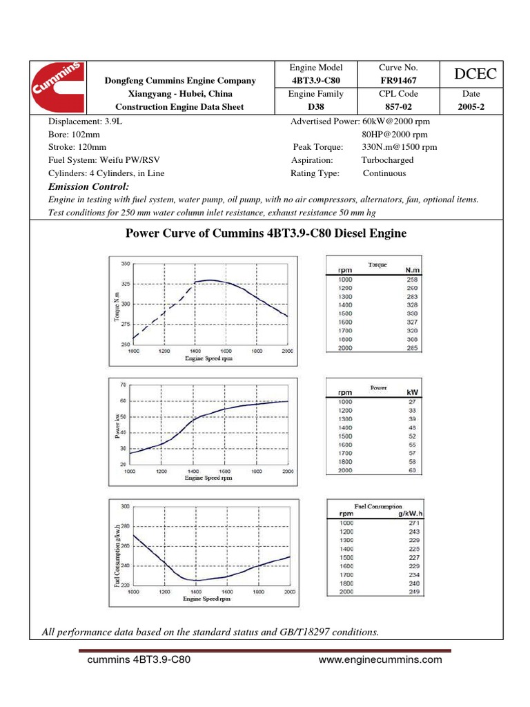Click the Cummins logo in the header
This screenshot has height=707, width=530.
click(59, 87)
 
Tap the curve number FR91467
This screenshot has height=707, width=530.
click(398, 81)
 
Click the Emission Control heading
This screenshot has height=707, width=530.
click(88, 187)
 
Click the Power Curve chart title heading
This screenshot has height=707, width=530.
click(266, 233)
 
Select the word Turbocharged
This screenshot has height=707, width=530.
click(387, 160)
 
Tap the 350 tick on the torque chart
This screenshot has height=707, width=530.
click(126, 264)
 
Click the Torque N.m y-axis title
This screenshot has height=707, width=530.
click(116, 304)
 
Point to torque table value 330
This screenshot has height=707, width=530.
click(412, 313)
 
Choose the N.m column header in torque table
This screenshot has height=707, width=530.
click(413, 270)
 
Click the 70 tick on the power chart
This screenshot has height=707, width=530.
click(124, 385)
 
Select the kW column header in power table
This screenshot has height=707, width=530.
click(413, 391)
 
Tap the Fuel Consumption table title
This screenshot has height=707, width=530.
click(377, 506)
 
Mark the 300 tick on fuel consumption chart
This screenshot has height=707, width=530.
click(125, 506)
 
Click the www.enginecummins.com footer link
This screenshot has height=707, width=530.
click(380, 659)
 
